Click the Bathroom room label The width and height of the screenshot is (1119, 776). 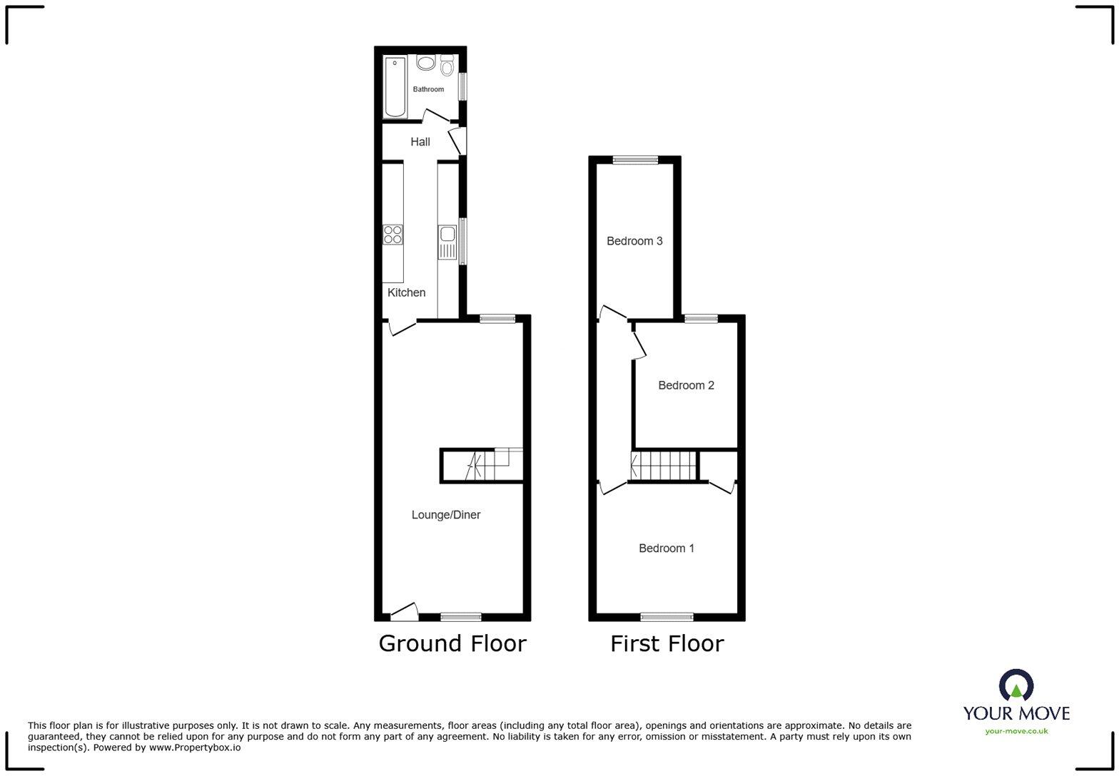[x=428, y=89]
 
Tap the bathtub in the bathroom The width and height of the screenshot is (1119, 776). [x=395, y=87]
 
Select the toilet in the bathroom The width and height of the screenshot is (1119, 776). [x=447, y=66]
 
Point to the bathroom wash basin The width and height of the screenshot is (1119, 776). [x=426, y=63]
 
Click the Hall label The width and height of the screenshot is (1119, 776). [x=420, y=142]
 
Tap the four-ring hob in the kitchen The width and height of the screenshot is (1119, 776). [x=393, y=234]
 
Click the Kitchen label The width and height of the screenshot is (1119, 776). [x=406, y=292]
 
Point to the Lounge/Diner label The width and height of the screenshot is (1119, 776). [x=446, y=515]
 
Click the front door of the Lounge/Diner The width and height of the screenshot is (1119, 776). [x=404, y=612]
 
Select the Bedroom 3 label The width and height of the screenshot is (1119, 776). [x=634, y=241]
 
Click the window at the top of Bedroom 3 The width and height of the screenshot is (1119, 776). [x=635, y=160]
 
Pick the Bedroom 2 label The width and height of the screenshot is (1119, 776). [x=686, y=385]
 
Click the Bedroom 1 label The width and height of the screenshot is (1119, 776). [x=667, y=548]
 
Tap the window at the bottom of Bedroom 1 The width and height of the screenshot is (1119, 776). [x=667, y=617]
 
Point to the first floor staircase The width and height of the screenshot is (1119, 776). [x=664, y=466]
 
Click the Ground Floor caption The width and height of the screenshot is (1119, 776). [x=452, y=643]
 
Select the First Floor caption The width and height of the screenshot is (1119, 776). [x=667, y=643]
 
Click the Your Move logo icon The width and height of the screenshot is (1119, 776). [x=1016, y=685]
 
